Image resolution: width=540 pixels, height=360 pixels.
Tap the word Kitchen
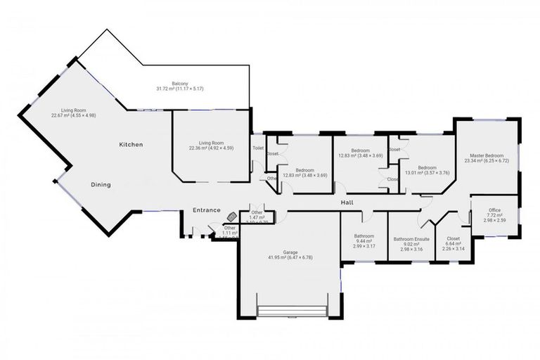tap(131, 145)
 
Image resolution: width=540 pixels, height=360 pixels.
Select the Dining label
tap(101, 185)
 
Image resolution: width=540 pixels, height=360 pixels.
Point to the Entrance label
tap(207, 210)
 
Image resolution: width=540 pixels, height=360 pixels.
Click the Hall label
tap(347, 202)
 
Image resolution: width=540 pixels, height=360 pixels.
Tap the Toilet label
tap(257, 148)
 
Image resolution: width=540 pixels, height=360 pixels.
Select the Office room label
tap(494, 210)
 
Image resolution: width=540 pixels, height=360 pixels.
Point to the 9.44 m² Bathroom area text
tap(364, 241)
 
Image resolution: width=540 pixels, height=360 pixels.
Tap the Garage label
tap(290, 252)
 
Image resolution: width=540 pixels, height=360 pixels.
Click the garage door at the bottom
tap(292, 311)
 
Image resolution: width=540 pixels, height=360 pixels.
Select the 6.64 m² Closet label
tap(453, 238)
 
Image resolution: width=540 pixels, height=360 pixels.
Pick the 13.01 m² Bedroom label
tap(427, 167)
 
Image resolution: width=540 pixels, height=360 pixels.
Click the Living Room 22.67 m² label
tap(73, 110)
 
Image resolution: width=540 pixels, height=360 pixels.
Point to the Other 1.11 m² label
tap(229, 229)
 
